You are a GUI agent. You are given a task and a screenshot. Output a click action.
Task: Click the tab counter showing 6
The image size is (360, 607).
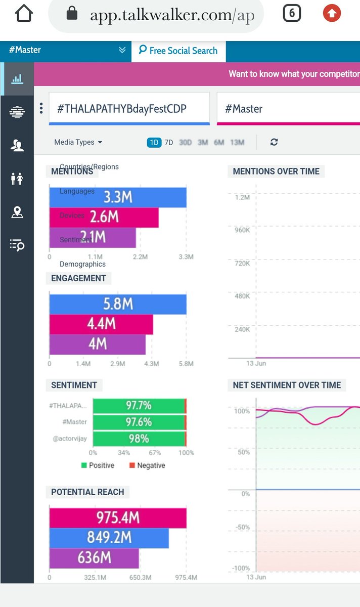292,14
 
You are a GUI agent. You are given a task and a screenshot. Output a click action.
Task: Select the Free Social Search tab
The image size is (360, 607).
178,51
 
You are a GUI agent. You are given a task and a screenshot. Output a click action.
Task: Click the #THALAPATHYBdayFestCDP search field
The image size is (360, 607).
129,108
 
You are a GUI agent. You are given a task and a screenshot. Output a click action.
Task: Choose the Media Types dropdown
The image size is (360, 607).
78,142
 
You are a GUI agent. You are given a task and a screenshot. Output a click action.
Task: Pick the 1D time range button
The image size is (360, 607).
154,143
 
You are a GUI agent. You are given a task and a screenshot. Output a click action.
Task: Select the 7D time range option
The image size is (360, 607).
169,143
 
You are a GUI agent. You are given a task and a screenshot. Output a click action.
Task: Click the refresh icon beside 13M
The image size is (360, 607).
274,142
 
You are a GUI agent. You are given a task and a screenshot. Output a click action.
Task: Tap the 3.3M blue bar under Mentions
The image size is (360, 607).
118,197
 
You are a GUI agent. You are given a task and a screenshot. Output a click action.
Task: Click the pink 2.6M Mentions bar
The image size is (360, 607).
104,217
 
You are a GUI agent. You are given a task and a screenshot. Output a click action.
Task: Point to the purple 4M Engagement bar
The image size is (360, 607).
97,344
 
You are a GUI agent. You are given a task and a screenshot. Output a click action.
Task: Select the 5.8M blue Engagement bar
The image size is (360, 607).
118,304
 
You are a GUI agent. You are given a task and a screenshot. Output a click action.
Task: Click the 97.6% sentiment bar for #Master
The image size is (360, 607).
139,422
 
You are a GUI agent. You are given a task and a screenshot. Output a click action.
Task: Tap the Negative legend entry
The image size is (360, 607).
147,465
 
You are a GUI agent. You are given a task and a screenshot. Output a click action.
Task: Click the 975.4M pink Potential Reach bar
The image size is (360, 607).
118,518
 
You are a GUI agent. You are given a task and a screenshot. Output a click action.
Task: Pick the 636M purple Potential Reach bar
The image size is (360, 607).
94,558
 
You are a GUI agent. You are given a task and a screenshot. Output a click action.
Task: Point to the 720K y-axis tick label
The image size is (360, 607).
242,264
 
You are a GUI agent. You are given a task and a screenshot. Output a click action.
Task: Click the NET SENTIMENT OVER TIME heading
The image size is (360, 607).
287,385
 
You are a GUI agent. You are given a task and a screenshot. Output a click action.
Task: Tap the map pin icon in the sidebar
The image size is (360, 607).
17,212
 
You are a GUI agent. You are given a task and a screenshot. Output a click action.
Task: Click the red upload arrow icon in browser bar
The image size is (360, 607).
332,14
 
